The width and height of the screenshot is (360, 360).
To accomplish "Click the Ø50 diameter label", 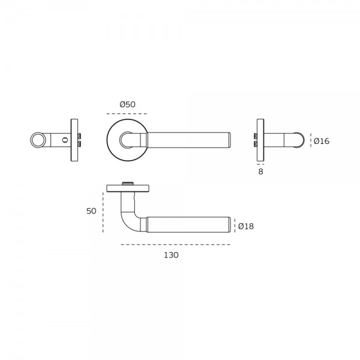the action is point(127,104).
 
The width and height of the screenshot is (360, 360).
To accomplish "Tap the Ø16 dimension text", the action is point(322,141).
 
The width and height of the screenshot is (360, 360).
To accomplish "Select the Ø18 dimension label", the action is point(246,226).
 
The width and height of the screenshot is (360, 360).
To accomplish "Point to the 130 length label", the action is point(171,255).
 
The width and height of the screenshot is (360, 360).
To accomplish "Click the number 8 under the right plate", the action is point(260,172).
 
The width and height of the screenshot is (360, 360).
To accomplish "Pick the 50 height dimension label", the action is point(91,211).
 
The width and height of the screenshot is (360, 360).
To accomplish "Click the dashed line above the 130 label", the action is point(176,245).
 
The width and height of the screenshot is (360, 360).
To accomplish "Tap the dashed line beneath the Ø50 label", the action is point(127,113).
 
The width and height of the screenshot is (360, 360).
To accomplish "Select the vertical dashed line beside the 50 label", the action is point(103,212).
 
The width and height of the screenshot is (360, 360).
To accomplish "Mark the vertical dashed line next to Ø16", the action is point(311,140).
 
